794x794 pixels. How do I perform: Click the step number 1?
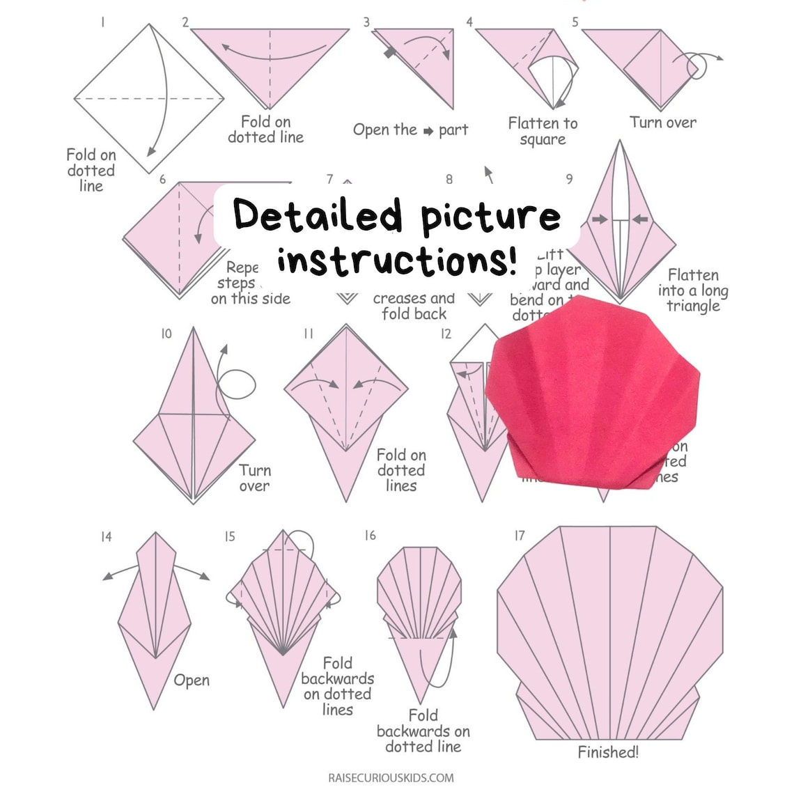click(x=103, y=22)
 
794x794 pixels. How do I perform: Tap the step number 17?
click(x=520, y=536)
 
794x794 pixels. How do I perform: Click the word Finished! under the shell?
click(x=608, y=752)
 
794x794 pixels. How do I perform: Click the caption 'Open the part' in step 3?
click(x=410, y=130)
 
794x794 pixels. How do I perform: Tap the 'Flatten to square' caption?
click(x=543, y=132)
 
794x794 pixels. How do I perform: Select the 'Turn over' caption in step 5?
click(x=662, y=123)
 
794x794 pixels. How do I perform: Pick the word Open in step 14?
click(x=192, y=680)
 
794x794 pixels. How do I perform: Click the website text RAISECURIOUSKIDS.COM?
click(x=391, y=777)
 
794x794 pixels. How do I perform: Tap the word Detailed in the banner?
click(x=318, y=215)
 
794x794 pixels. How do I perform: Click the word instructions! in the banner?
click(x=398, y=261)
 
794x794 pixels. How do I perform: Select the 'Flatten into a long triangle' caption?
click(x=692, y=290)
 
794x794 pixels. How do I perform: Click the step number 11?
click(x=309, y=334)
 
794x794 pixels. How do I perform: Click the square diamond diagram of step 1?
click(x=149, y=99)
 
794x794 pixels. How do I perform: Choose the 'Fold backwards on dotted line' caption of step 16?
click(x=423, y=731)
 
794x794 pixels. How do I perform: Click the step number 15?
click(x=230, y=536)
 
